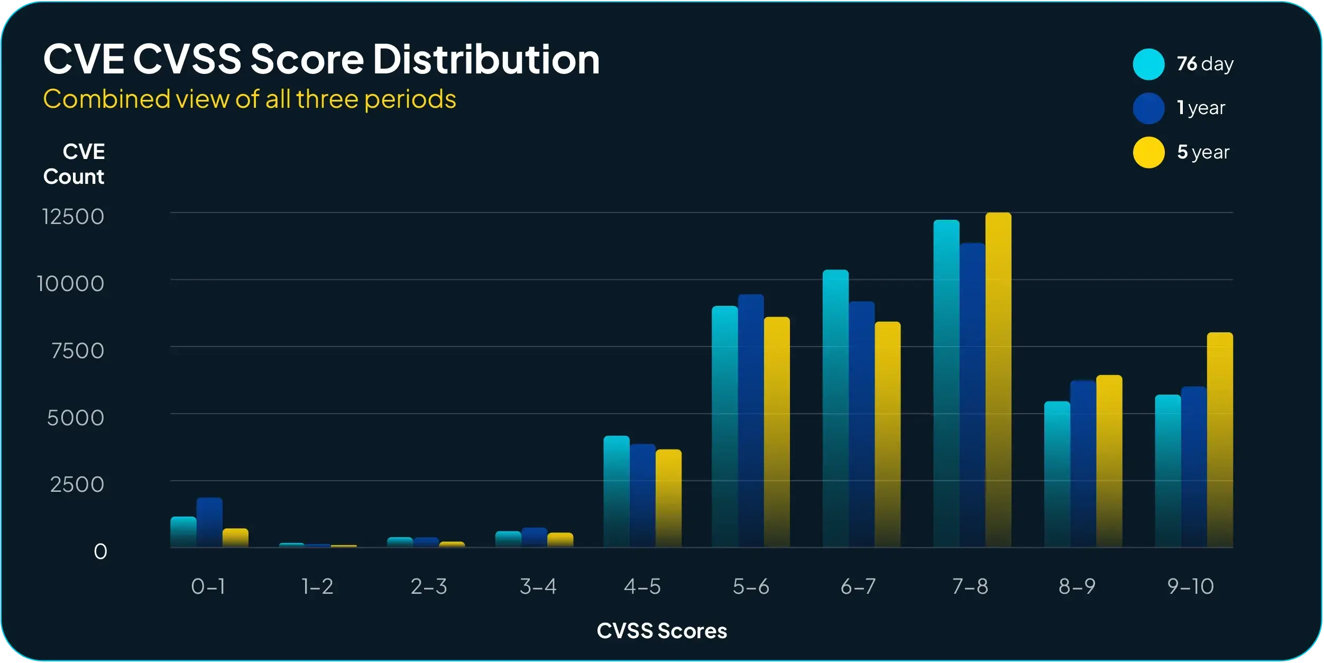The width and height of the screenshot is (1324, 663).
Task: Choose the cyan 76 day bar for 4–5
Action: [617, 491]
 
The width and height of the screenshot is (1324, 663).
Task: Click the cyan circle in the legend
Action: [1148, 64]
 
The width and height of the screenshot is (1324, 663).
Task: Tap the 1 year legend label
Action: [1201, 108]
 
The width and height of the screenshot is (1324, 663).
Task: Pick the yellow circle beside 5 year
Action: [1148, 153]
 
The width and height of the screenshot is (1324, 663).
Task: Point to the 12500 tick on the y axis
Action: [73, 217]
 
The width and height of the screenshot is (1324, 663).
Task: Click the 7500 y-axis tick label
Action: [77, 351]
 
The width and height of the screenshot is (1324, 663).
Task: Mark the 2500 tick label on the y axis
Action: [77, 484]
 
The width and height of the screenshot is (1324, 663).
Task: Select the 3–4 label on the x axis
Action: [538, 586]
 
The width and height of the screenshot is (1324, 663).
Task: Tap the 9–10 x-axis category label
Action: [1190, 586]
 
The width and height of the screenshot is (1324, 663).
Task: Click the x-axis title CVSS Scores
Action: [661, 631]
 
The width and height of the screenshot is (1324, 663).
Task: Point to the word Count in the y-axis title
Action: [73, 176]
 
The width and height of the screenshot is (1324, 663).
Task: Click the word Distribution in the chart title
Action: [486, 59]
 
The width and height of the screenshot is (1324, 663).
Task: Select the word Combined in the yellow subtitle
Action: [106, 99]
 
